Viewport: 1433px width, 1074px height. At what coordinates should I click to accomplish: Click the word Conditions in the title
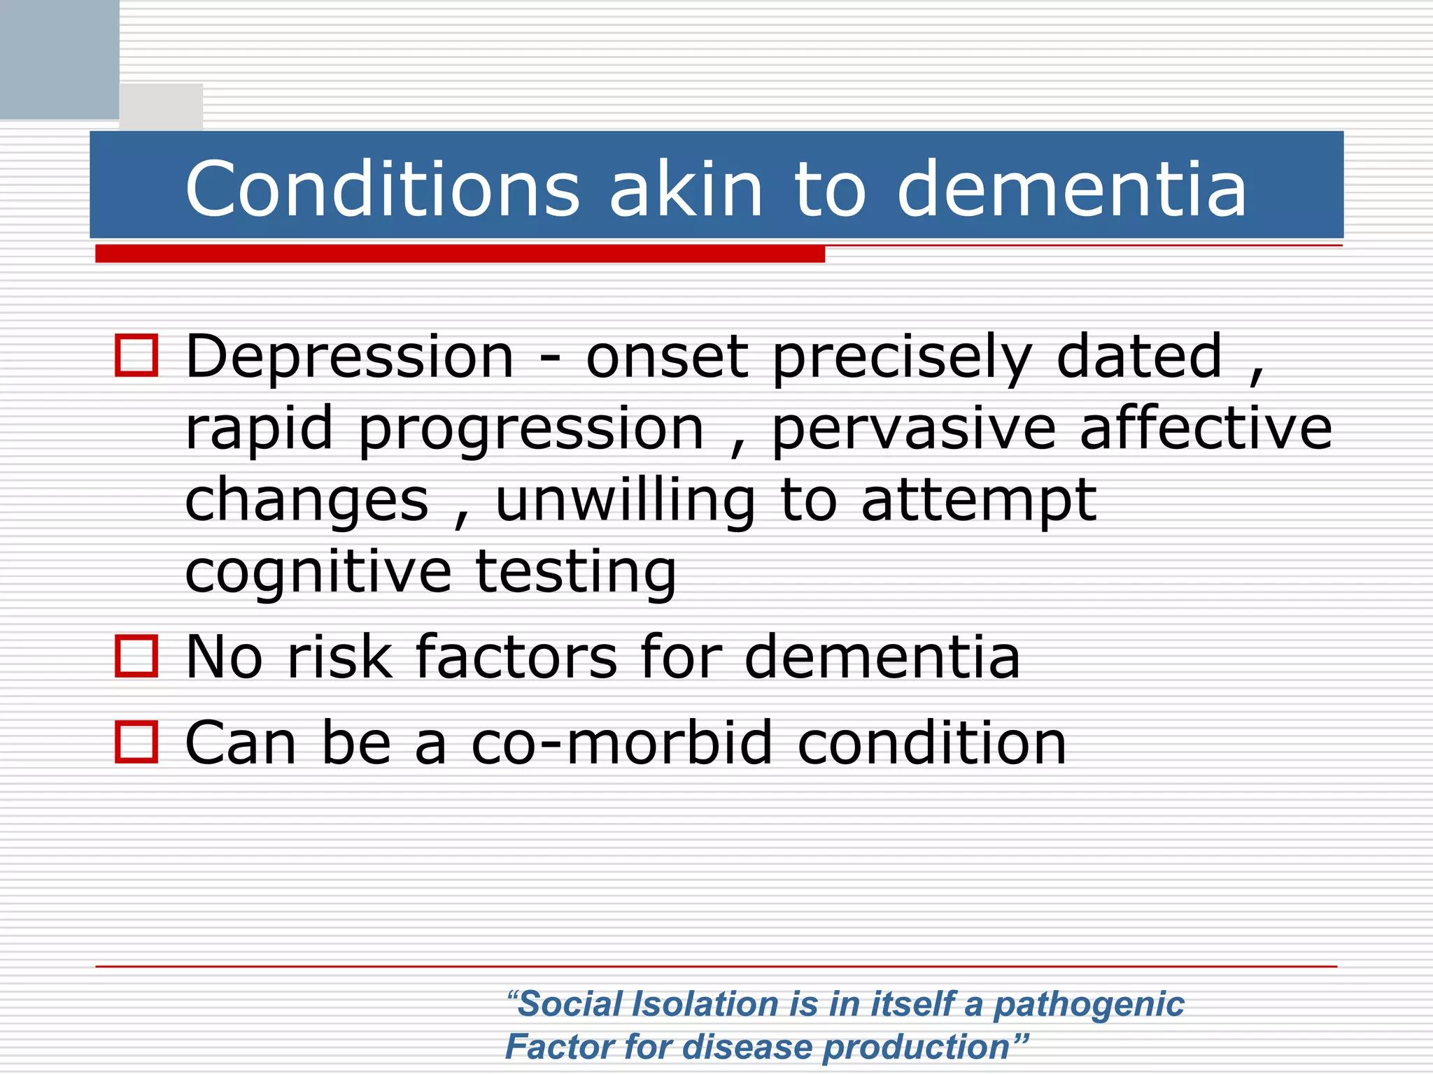tap(382, 189)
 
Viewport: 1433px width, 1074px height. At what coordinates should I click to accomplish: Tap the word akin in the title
tap(686, 189)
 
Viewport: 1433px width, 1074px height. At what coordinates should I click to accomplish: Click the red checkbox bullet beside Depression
tap(136, 355)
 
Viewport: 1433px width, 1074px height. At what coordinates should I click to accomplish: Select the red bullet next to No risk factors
tap(136, 656)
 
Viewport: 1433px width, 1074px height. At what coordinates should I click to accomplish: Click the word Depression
tap(350, 358)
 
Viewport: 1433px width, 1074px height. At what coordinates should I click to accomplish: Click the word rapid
tap(259, 429)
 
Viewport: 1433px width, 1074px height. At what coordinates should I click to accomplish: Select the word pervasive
tap(913, 429)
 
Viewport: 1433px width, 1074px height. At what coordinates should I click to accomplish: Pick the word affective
tap(1206, 429)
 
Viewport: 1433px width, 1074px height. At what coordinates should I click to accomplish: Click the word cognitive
tap(318, 573)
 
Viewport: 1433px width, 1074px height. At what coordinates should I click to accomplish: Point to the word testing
tap(576, 573)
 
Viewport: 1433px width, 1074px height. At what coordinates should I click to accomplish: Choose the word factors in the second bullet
tap(516, 657)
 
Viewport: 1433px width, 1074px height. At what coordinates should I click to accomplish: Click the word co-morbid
tap(623, 743)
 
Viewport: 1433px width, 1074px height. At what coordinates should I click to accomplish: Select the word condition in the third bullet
tap(932, 743)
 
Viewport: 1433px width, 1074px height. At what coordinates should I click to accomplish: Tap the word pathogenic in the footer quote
tap(1089, 1005)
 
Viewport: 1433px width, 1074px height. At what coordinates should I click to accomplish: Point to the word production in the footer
tap(924, 1047)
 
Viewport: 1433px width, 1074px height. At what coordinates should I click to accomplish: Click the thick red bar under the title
tap(460, 254)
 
